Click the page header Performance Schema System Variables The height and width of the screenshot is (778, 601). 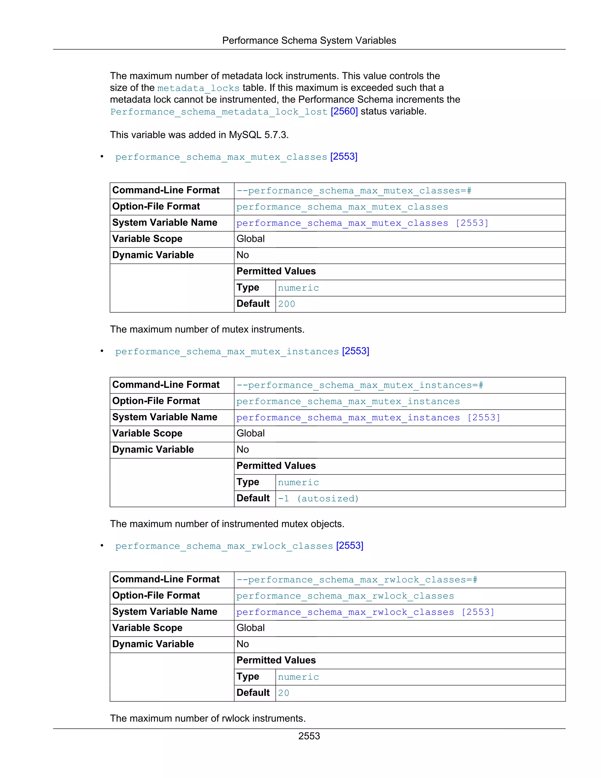pyautogui.click(x=309, y=41)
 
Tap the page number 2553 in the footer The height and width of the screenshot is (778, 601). pyautogui.click(x=309, y=736)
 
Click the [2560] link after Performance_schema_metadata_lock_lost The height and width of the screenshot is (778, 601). pyautogui.click(x=344, y=112)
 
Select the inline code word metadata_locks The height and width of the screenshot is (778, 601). pyautogui.click(x=198, y=88)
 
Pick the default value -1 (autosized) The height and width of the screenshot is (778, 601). pyautogui.click(x=318, y=499)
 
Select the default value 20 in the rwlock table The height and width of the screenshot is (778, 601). pyautogui.click(x=283, y=693)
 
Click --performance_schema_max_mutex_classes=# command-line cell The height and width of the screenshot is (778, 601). pyautogui.click(x=354, y=191)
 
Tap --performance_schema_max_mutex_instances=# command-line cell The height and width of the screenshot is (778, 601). pyautogui.click(x=359, y=385)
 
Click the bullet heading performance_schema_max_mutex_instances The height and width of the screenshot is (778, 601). pyautogui.click(x=227, y=352)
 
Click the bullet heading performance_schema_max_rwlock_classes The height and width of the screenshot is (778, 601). pyautogui.click(x=224, y=546)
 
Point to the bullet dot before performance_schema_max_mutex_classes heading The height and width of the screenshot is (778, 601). pyautogui.click(x=102, y=157)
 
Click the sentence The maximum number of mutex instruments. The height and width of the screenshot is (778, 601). pyautogui.click(x=207, y=329)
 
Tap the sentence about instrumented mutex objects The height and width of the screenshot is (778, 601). pyautogui.click(x=227, y=524)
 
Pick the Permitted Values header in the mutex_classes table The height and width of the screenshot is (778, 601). pyautogui.click(x=276, y=272)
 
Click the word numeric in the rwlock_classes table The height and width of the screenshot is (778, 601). pyautogui.click(x=298, y=677)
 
